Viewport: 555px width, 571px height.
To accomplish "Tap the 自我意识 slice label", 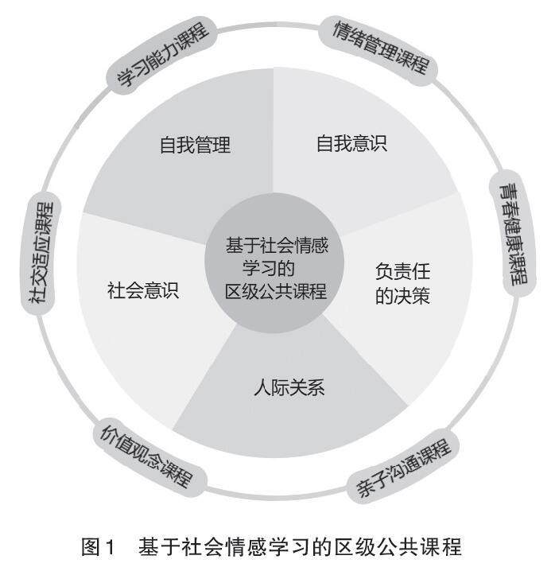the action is pyautogui.click(x=352, y=145).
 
